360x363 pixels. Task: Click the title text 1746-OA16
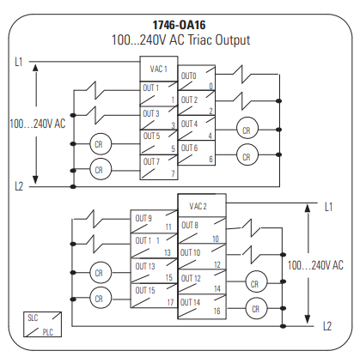pyautogui.click(x=180, y=23)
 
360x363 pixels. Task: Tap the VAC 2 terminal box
pyautogui.click(x=198, y=207)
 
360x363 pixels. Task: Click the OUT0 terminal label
pyautogui.click(x=189, y=76)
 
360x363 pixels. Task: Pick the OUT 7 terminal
pyautogui.click(x=159, y=166)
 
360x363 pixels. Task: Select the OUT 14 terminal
pyautogui.click(x=198, y=307)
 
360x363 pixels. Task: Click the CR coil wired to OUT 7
pyautogui.click(x=99, y=171)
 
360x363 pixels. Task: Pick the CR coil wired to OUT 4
pyautogui.click(x=247, y=130)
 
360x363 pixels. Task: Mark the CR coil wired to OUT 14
pyautogui.click(x=255, y=307)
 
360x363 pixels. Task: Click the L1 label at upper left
pyautogui.click(x=18, y=62)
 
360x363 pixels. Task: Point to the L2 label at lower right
pyautogui.click(x=327, y=325)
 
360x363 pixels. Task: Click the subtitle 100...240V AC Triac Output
pyautogui.click(x=180, y=39)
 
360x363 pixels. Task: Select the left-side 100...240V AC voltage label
pyautogui.click(x=37, y=124)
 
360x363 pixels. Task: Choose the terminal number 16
pyautogui.click(x=217, y=312)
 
